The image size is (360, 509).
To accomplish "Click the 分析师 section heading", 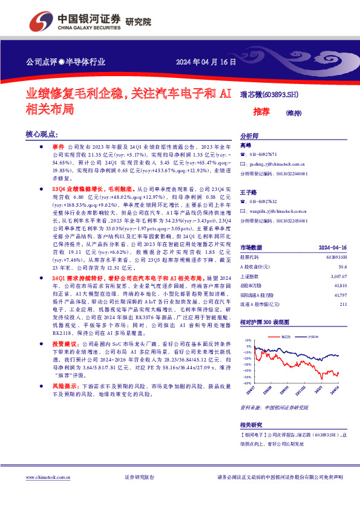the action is point(250,136).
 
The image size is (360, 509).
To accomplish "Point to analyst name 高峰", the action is point(246,146).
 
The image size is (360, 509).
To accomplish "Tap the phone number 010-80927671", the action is point(263,155).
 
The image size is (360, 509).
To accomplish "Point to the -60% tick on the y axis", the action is point(247,383).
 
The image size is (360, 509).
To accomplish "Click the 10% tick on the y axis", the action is point(247,340).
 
